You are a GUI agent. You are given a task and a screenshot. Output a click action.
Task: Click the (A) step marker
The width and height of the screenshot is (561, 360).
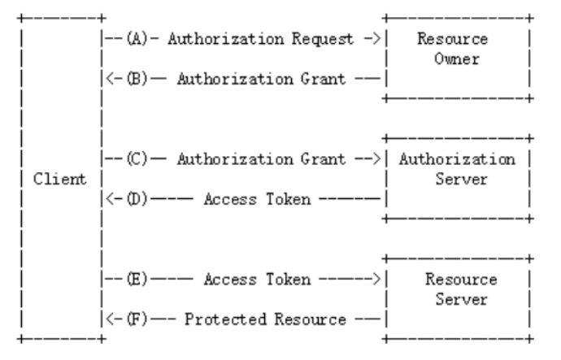point(135,38)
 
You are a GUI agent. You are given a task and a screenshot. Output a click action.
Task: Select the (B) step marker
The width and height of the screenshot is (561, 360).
point(135,80)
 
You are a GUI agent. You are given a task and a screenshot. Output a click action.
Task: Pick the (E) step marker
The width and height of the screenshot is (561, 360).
point(135,279)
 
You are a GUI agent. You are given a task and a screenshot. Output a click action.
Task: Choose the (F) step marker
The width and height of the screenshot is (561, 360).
point(135,319)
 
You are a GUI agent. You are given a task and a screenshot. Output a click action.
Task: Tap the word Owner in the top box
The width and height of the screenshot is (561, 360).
point(459,59)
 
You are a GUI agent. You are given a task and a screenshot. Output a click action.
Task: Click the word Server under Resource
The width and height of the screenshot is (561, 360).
point(459,299)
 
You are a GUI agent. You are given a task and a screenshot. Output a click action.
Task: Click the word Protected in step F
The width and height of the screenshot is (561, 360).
point(215,319)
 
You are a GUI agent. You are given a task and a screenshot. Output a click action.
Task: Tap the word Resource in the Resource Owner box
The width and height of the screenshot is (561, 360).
point(459,38)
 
